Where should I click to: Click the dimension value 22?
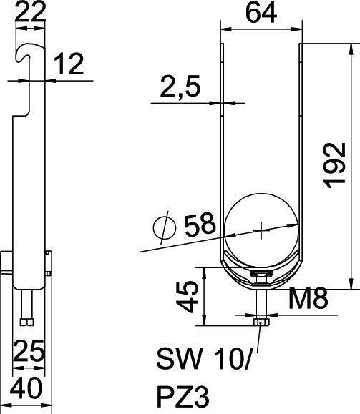[x=29, y=12]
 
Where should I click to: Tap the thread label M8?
[x=308, y=298]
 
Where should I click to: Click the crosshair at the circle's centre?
[x=263, y=230]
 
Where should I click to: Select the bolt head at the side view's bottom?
[x=26, y=321]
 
